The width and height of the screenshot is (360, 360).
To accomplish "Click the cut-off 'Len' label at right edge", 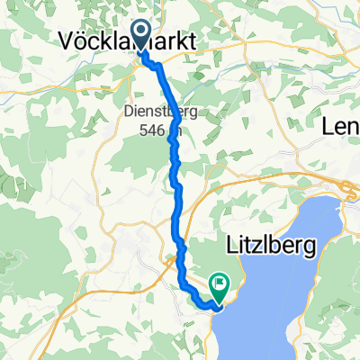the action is [x=342, y=129].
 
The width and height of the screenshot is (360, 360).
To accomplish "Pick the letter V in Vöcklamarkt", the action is [x=67, y=39].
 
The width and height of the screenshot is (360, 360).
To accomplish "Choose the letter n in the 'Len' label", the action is [x=353, y=129].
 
